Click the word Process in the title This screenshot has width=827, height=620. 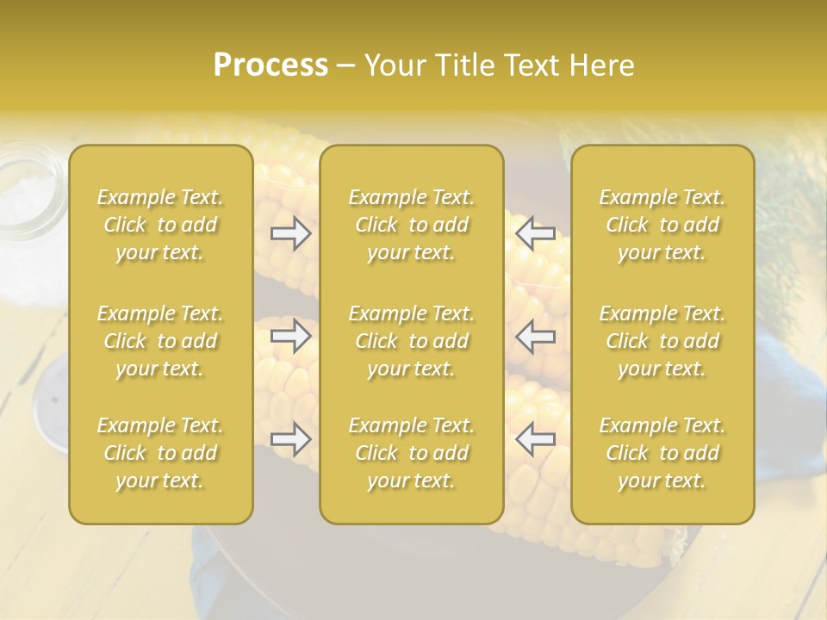[270, 65]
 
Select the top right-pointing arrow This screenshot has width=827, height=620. [291, 233]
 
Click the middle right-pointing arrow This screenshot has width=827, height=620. [291, 336]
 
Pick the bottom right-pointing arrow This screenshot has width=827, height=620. [291, 439]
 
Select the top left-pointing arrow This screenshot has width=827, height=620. [535, 233]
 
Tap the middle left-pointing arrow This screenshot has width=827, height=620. [535, 336]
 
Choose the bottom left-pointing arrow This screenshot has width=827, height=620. [535, 439]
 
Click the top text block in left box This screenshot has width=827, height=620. [160, 225]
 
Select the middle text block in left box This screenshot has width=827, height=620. [160, 341]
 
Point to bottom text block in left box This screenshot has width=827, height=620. [160, 453]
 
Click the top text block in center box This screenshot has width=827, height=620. [411, 225]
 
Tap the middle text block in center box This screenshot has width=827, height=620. [411, 341]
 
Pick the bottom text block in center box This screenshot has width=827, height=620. [411, 453]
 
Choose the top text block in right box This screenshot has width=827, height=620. [662, 225]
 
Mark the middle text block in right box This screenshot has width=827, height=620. [662, 341]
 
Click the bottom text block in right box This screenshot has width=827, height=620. [662, 453]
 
